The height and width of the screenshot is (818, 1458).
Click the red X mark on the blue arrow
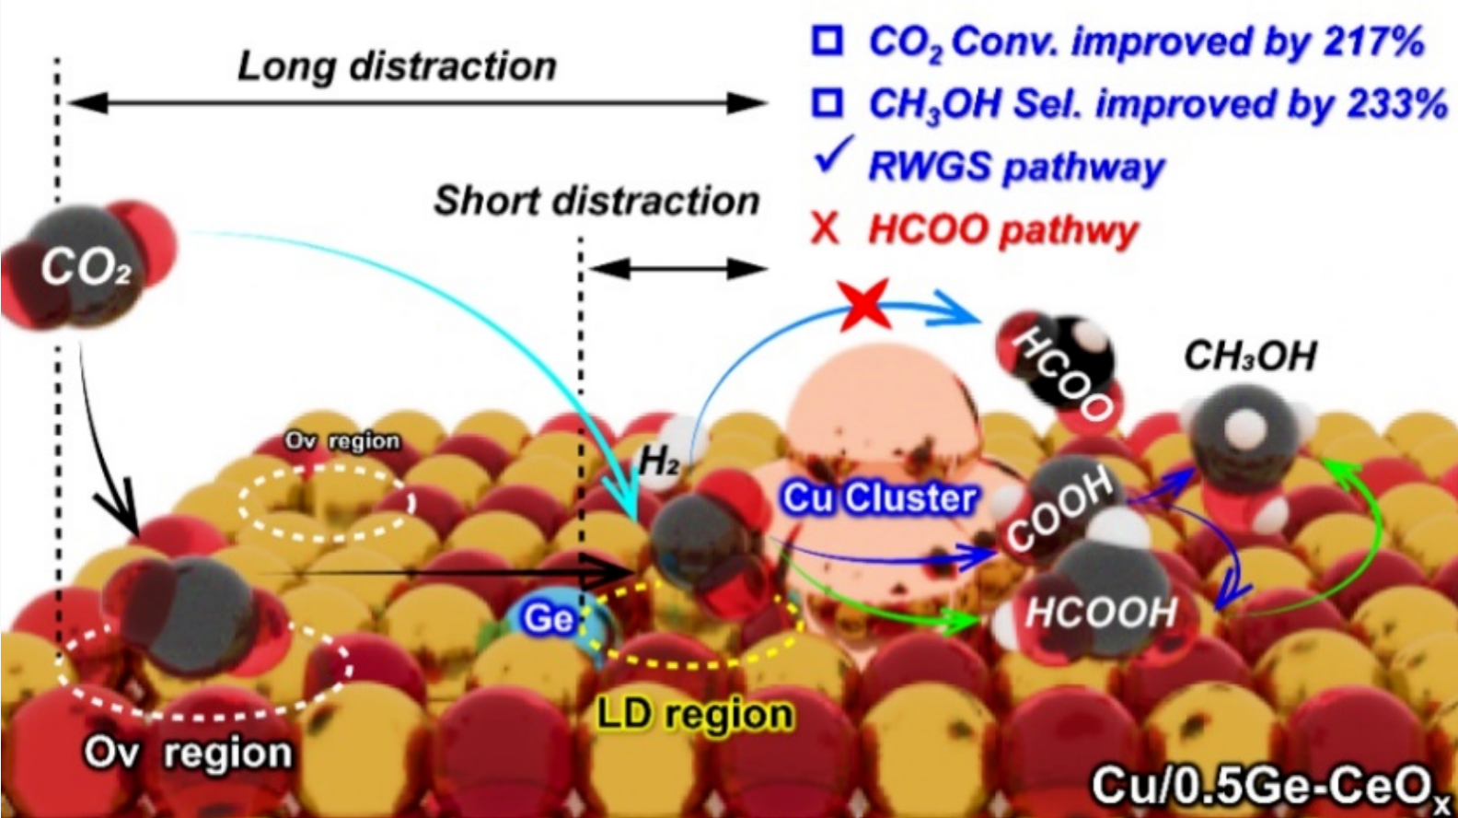(866, 305)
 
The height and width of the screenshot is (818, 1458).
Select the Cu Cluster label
(878, 498)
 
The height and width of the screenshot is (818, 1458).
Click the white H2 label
(658, 460)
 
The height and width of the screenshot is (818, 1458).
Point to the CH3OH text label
(1249, 356)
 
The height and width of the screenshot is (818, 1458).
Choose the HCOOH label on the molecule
(1101, 612)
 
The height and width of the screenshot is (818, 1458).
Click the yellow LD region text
(695, 714)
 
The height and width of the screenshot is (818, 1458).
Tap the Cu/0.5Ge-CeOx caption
(1270, 787)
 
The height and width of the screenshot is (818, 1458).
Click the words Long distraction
(398, 66)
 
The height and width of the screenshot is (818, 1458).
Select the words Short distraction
(596, 201)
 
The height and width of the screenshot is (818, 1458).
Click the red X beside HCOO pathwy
(826, 228)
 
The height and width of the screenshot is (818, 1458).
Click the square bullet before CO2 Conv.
(827, 41)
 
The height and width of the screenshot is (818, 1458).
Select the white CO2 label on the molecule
(86, 268)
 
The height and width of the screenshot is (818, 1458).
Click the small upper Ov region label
(342, 441)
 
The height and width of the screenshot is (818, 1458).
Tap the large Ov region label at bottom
(188, 753)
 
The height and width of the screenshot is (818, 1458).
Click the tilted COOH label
(1059, 508)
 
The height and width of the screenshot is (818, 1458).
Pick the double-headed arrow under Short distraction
(677, 269)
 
